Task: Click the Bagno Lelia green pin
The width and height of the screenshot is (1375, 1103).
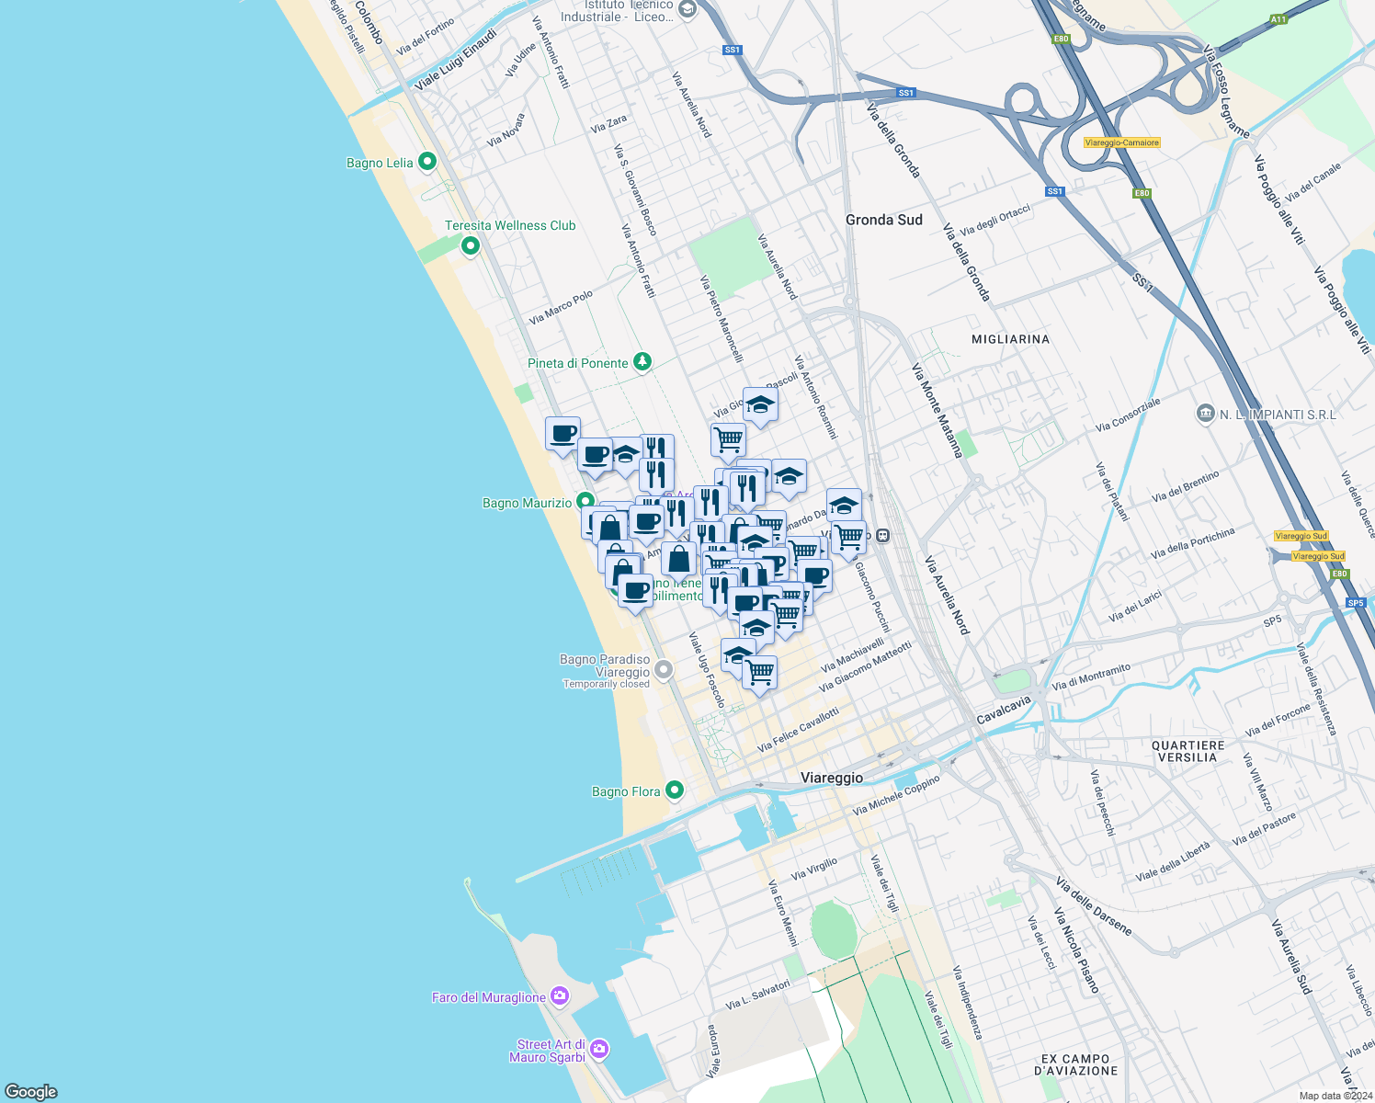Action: [426, 162]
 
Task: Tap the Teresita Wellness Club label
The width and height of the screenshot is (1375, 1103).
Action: [510, 225]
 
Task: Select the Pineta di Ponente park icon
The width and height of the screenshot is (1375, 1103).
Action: [642, 362]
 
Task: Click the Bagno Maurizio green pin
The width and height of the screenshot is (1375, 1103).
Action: [585, 502]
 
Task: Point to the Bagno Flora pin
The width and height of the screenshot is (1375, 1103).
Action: [675, 790]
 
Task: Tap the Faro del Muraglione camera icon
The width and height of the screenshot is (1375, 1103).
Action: [559, 996]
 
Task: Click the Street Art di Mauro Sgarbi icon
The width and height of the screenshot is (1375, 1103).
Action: [599, 1049]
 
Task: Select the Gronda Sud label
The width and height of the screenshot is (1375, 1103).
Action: [883, 220]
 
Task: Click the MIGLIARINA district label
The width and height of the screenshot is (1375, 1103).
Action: [1010, 339]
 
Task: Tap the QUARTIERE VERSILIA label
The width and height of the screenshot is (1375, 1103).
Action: [1187, 751]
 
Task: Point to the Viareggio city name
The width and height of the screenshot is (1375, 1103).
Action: [832, 778]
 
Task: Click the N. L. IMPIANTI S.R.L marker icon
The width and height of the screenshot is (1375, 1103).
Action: [1205, 415]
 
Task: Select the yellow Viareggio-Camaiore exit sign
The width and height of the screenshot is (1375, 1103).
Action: [1122, 142]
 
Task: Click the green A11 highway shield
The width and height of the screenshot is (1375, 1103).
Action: [1278, 19]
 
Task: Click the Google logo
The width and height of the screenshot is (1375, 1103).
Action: [31, 1092]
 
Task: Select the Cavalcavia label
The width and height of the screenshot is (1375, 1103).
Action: [1004, 710]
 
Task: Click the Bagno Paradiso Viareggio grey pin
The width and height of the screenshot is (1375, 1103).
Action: [664, 668]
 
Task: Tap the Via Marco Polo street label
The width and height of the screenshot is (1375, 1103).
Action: [561, 308]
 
